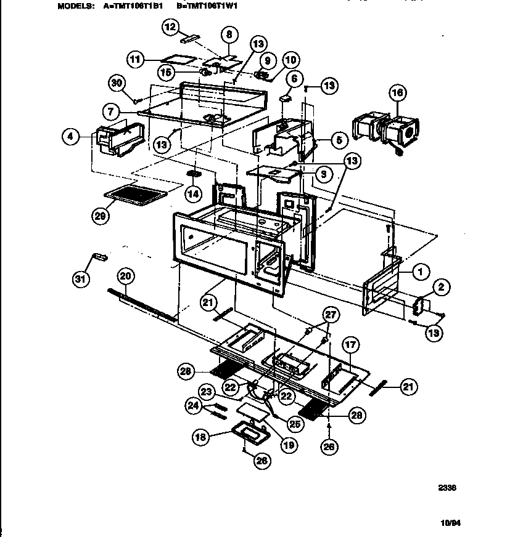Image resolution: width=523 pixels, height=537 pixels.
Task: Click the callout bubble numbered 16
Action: point(398,94)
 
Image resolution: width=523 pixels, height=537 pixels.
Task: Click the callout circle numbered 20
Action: point(126,277)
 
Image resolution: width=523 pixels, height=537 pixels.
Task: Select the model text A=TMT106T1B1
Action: point(130,7)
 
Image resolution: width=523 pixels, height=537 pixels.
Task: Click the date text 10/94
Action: point(451,523)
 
